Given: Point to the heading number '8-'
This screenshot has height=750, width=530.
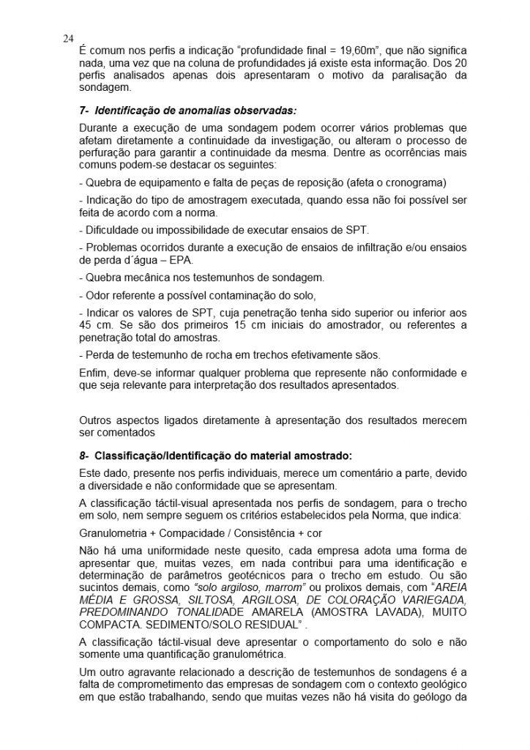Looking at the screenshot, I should [x=85, y=455].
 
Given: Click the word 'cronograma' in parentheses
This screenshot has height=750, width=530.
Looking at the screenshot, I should [x=413, y=182].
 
